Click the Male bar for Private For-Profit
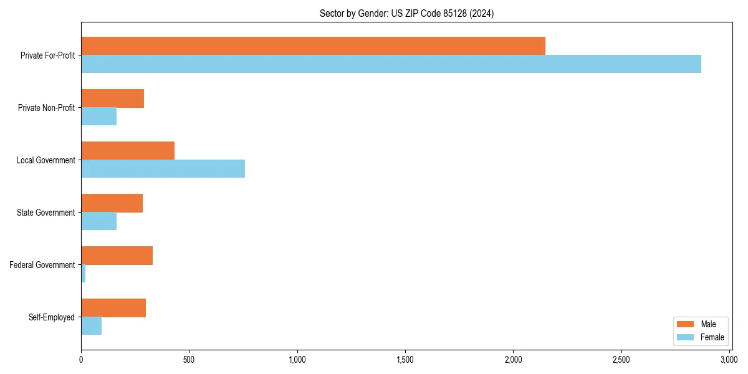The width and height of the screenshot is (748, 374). (x=313, y=46)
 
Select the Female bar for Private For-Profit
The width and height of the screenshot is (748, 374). (x=391, y=64)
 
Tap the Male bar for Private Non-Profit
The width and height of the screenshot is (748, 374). (x=112, y=98)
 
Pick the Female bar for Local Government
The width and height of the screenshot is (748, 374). (x=163, y=168)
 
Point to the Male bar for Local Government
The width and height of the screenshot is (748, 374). (x=128, y=151)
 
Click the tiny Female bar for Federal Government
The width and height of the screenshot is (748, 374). (x=84, y=273)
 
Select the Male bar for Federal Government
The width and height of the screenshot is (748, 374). (x=117, y=256)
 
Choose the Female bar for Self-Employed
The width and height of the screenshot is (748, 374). (x=91, y=325)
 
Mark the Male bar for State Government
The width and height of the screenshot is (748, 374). (x=112, y=203)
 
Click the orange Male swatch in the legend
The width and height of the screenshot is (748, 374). (x=685, y=324)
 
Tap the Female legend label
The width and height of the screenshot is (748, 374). (x=712, y=337)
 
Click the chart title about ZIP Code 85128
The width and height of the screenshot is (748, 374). (x=406, y=14)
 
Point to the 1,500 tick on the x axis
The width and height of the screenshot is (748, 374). (x=405, y=360)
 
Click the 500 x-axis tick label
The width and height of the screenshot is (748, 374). (x=189, y=360)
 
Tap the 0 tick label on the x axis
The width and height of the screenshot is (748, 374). (x=81, y=360)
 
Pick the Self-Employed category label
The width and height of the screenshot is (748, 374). (x=52, y=317)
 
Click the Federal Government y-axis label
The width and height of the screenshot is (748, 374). (x=42, y=265)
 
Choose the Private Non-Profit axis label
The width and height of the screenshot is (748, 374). (x=46, y=108)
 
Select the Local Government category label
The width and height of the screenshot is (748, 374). (x=46, y=160)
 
